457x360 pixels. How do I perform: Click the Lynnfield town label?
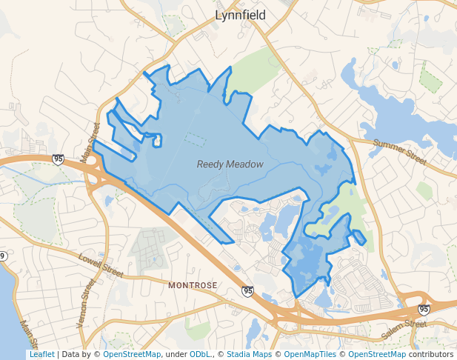click(240, 15)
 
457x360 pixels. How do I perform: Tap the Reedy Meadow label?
click(230, 164)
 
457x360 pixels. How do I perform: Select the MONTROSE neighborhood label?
click(193, 285)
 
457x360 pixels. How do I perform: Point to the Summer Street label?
click(400, 151)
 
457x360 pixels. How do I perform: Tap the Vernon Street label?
click(86, 304)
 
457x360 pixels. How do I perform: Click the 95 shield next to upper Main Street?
click(59, 159)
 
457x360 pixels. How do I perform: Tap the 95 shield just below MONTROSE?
click(247, 291)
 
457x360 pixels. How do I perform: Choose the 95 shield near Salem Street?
click(423, 309)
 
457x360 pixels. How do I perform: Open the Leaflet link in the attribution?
click(41, 355)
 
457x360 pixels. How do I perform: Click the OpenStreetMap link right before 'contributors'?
click(377, 355)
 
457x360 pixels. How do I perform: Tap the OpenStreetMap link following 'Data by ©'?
click(132, 355)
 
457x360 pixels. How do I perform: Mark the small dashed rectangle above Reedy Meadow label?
click(195, 139)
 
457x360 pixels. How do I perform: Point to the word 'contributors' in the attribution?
click(431, 355)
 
